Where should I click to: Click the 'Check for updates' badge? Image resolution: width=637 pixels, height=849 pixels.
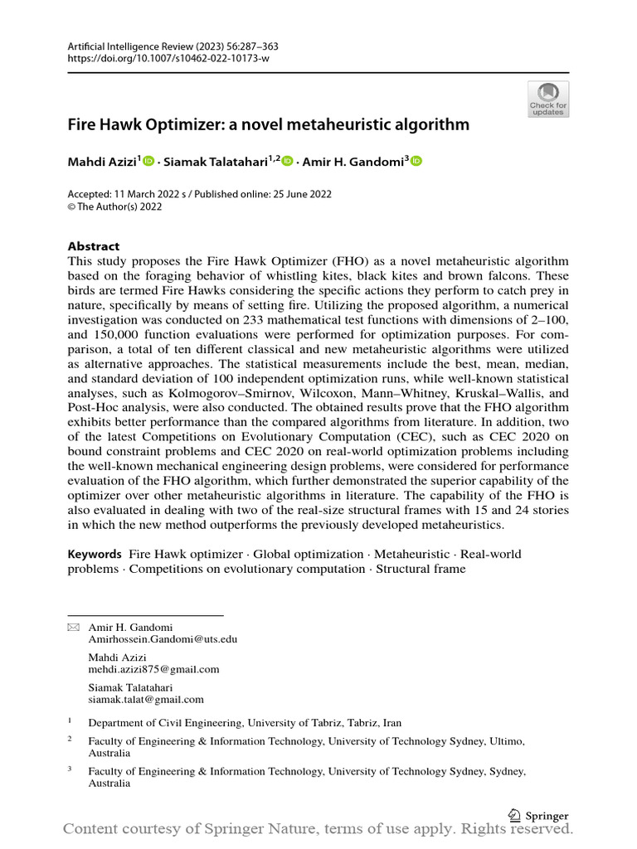point(548,99)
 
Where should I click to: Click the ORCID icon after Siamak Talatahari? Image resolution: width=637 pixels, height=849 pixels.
point(288,162)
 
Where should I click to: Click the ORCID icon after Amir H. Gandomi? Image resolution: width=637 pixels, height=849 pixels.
point(416,162)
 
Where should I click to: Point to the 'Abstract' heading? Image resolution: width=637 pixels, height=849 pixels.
point(93,246)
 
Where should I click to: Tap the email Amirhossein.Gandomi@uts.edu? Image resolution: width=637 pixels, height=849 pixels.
point(163,639)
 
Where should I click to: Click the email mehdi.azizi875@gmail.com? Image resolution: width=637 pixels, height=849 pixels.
point(153,669)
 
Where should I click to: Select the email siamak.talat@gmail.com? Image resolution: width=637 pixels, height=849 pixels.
point(146,699)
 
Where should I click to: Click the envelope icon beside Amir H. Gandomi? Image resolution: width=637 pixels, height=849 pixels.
point(73,628)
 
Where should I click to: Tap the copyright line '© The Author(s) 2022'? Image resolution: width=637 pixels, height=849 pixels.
point(114,206)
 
